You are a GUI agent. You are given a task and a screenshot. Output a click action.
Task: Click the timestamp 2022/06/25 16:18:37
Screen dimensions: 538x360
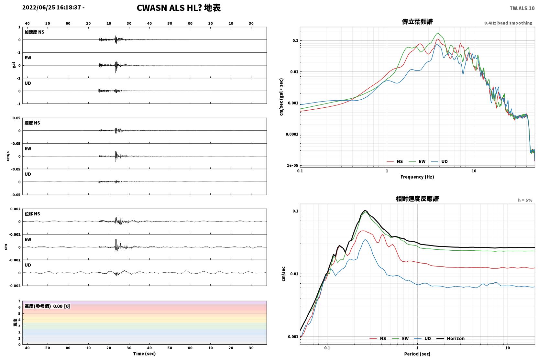[x=52, y=7]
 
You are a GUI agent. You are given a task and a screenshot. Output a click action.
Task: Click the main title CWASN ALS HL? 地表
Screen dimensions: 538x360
[x=179, y=8]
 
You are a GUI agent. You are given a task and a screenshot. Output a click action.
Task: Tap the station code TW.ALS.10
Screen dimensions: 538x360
[x=522, y=8]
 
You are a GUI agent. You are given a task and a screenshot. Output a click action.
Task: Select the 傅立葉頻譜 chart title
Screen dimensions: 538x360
[x=417, y=22]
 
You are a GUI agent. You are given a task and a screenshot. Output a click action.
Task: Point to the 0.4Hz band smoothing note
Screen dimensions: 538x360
[x=508, y=23]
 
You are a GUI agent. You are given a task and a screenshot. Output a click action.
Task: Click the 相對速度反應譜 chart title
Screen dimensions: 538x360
[x=417, y=199]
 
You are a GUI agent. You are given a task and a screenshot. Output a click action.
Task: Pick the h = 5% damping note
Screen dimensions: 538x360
[x=525, y=200]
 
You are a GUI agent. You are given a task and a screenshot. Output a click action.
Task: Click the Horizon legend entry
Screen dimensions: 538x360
[x=450, y=338]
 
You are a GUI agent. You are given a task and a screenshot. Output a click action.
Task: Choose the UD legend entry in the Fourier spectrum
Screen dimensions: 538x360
[x=439, y=161]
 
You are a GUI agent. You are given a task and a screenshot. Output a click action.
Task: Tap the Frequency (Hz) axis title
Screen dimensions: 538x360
[x=417, y=177]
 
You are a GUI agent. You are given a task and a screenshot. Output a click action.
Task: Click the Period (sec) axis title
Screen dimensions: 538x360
[x=417, y=354]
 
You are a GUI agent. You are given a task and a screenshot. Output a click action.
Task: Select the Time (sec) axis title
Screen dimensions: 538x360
[x=144, y=354]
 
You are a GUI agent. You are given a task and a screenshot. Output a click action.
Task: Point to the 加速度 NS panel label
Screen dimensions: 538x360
[x=34, y=32]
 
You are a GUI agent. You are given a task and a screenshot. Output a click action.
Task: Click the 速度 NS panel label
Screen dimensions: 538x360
[x=32, y=123]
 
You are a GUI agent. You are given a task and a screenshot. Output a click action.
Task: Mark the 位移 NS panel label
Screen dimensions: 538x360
[x=32, y=214]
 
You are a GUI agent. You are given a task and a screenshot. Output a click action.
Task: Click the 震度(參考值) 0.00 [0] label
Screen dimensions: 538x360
[x=47, y=306]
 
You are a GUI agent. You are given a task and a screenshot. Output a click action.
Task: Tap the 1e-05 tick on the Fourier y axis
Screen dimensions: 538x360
[x=292, y=165]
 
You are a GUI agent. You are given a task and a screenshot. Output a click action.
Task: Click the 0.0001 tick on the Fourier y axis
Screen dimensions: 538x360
[x=292, y=134]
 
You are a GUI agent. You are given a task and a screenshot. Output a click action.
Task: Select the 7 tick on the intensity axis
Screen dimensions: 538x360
[x=19, y=301]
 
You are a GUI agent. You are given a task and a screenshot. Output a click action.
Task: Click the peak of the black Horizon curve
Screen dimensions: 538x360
[x=365, y=210]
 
